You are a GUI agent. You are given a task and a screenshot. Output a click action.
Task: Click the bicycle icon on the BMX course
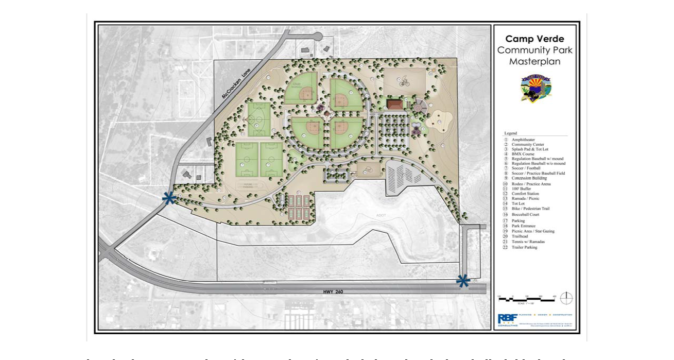point(404,81)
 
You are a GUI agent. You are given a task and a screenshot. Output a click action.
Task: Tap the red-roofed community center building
point(395,105)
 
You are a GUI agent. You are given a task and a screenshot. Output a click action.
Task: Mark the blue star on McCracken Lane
point(168,198)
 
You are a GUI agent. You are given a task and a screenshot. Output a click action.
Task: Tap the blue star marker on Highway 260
point(463,281)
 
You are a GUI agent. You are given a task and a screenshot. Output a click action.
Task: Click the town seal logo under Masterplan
point(535,88)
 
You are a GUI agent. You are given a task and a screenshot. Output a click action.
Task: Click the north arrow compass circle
point(566,298)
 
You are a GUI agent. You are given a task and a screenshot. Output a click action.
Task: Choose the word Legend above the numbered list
point(510,133)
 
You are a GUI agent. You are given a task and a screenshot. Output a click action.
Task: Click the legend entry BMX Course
point(523,154)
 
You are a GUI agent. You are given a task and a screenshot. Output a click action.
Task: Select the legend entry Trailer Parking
point(524,247)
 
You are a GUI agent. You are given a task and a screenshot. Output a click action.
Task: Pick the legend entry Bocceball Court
point(525,214)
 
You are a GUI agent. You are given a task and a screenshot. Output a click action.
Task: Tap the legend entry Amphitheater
point(523,140)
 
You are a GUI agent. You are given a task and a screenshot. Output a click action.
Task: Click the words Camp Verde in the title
point(534,39)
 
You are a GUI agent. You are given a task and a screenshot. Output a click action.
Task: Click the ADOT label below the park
point(381,215)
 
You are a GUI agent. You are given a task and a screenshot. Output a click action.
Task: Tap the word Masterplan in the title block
point(534,62)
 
